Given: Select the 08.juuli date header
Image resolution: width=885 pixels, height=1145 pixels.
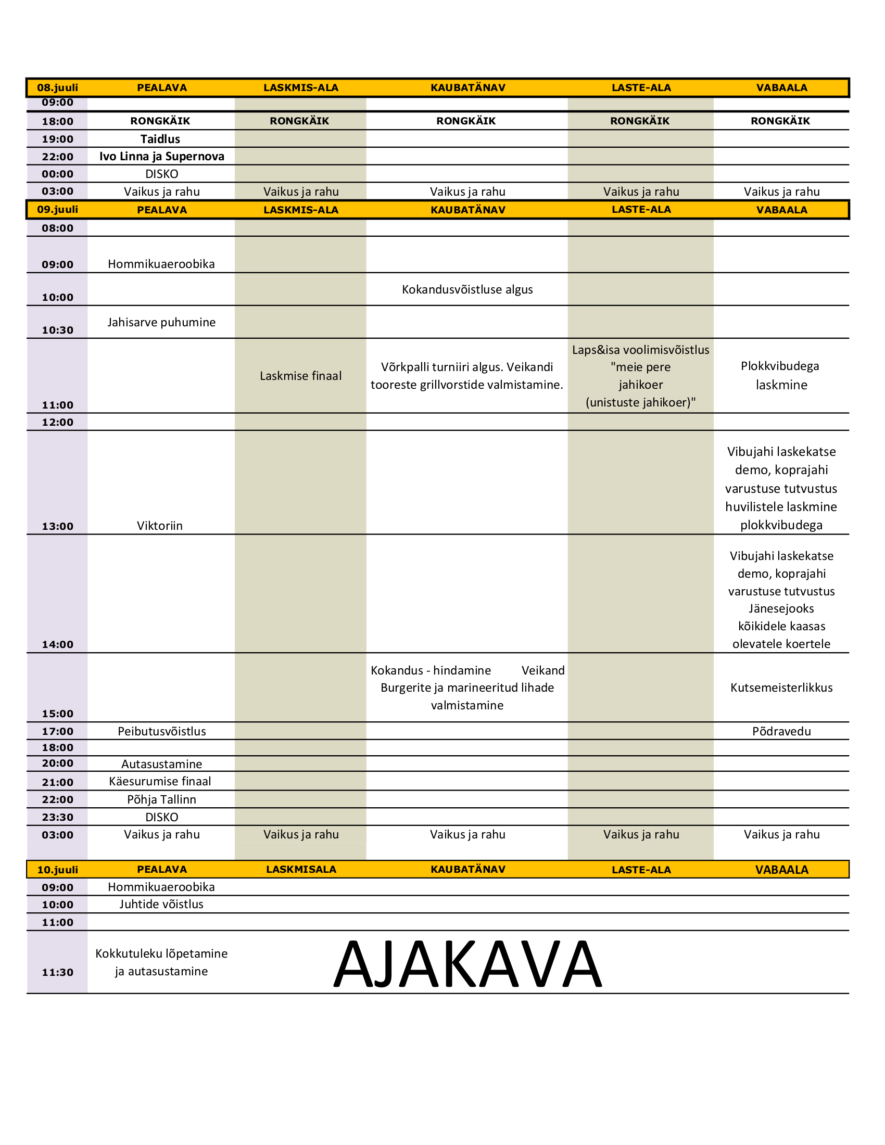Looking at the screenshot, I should [x=57, y=87].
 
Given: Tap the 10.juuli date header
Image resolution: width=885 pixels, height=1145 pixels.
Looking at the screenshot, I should [x=57, y=870].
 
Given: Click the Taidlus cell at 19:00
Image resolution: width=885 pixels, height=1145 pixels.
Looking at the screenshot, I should [x=160, y=139].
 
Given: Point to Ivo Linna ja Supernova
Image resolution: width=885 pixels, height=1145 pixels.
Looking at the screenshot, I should [x=161, y=156].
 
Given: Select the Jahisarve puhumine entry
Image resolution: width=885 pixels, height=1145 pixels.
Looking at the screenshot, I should [x=161, y=323].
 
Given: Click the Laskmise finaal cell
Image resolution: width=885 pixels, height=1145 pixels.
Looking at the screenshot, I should [x=300, y=376].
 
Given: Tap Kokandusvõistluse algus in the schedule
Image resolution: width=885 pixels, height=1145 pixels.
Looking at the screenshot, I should [x=467, y=289].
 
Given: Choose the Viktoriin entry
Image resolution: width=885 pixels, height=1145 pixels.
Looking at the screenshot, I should [x=160, y=526].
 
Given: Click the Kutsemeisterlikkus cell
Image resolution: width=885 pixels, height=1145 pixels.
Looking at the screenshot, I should [x=781, y=688].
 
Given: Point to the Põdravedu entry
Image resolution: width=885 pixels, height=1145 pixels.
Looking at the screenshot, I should [x=781, y=731].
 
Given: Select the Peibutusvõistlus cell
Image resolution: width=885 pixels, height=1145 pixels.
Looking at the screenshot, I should [x=161, y=731].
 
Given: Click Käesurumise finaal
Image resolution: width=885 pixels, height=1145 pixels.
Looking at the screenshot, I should [x=160, y=782].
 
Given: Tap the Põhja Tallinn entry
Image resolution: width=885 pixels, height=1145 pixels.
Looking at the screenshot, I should [x=161, y=799].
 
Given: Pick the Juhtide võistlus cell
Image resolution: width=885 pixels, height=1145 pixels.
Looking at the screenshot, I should [x=161, y=905].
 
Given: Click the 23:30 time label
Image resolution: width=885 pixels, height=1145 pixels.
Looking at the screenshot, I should [x=58, y=817].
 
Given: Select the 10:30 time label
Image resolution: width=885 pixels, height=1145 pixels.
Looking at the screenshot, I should [x=58, y=330].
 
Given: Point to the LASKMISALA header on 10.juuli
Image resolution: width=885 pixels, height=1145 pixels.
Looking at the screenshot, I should [x=301, y=869].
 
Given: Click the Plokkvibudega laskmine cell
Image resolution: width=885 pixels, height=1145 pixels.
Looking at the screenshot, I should [x=781, y=375].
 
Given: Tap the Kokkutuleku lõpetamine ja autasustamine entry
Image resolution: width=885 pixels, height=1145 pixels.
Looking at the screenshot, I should [x=161, y=962].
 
